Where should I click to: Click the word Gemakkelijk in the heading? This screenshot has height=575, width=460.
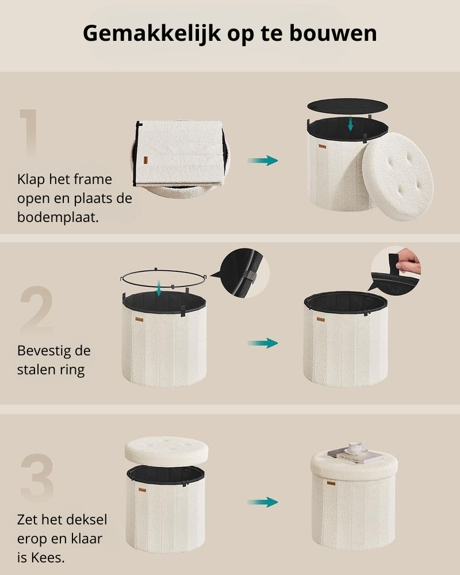pos(151,34)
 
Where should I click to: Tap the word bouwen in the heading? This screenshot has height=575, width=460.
pos(333,33)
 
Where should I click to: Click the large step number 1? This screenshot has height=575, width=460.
pos(29,133)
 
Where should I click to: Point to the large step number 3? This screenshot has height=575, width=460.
pos(37,478)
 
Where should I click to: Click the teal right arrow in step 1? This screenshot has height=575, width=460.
pos(263,160)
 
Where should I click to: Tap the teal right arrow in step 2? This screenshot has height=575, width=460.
pos(263,343)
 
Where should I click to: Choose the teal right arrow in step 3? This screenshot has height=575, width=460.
pos(263,502)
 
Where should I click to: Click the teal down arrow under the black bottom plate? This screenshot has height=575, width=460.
pos(350,124)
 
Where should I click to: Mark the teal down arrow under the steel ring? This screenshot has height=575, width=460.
pos(159,287)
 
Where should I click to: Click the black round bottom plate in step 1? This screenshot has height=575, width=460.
pos(347,106)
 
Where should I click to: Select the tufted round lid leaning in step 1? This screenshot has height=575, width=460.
pos(398,177)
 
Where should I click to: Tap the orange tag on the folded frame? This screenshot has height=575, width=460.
pos(145,160)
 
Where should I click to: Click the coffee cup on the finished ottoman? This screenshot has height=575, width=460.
pos(356,447)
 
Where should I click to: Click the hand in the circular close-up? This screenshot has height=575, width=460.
pos(408,261)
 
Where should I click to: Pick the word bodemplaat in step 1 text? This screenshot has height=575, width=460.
pos(57,217)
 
